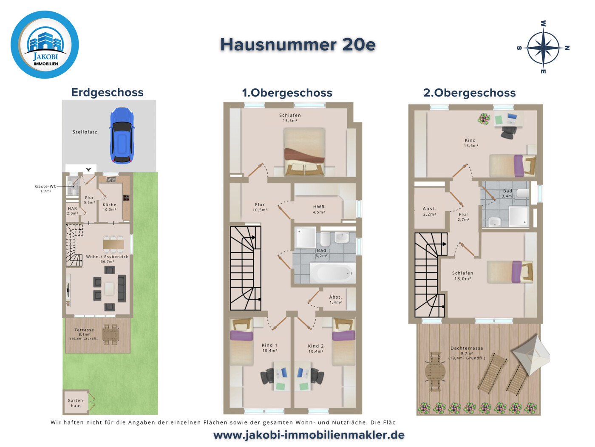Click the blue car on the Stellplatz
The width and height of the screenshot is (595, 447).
122,136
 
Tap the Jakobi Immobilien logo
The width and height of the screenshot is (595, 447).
45,45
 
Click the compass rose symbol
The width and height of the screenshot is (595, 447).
543,48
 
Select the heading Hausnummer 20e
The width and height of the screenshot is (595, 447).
297,45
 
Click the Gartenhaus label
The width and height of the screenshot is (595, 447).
76,403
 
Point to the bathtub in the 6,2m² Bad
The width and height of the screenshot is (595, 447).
332,273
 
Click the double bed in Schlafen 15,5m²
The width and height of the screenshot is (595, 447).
304,152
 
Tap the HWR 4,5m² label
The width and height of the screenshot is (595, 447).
319,209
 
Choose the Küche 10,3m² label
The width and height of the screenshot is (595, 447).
110,207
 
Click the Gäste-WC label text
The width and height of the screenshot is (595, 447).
45,187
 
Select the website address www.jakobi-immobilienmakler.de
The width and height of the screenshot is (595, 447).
309,435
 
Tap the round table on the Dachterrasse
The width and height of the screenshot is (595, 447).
435,371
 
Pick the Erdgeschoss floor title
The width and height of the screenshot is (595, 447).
108,92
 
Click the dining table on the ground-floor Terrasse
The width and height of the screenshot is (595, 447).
110,334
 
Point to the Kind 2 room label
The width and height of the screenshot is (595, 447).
316,348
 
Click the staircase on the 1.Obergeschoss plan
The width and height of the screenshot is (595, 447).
246,268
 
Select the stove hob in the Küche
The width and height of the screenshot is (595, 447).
126,198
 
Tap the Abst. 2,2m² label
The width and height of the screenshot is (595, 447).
429,211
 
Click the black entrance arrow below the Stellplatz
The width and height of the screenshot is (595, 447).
89,170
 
